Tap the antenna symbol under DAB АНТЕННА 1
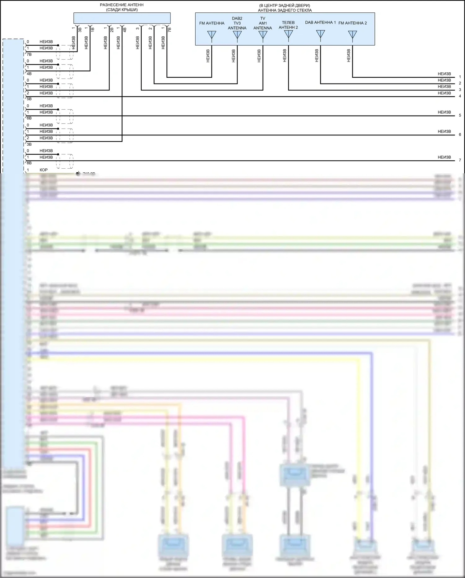click(x=320, y=34)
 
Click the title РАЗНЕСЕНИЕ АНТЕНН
click(x=122, y=5)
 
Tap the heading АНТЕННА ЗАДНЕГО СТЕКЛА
click(x=285, y=10)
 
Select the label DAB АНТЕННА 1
click(x=320, y=23)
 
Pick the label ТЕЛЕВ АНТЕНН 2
click(x=288, y=25)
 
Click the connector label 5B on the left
click(x=29, y=99)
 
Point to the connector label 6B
click(x=29, y=118)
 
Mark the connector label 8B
click(x=29, y=163)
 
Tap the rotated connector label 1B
click(x=92, y=30)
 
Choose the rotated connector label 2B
click(x=112, y=30)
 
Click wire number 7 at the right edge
click(x=460, y=160)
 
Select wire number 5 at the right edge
click(x=460, y=116)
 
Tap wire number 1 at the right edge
click(x=460, y=77)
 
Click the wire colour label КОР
click(x=43, y=170)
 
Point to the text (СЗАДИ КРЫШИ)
click(x=122, y=10)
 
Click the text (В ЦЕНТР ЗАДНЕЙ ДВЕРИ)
click(x=285, y=6)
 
